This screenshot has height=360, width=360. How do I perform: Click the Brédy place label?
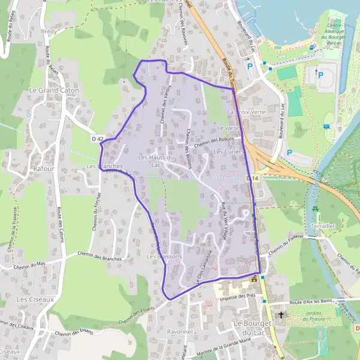(x=48, y=30)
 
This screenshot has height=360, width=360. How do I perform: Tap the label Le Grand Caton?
(x=54, y=90)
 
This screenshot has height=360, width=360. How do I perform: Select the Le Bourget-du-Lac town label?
(x=252, y=328)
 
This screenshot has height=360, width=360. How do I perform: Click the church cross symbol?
(x=281, y=314)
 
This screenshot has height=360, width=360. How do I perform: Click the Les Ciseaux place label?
(x=35, y=298)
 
